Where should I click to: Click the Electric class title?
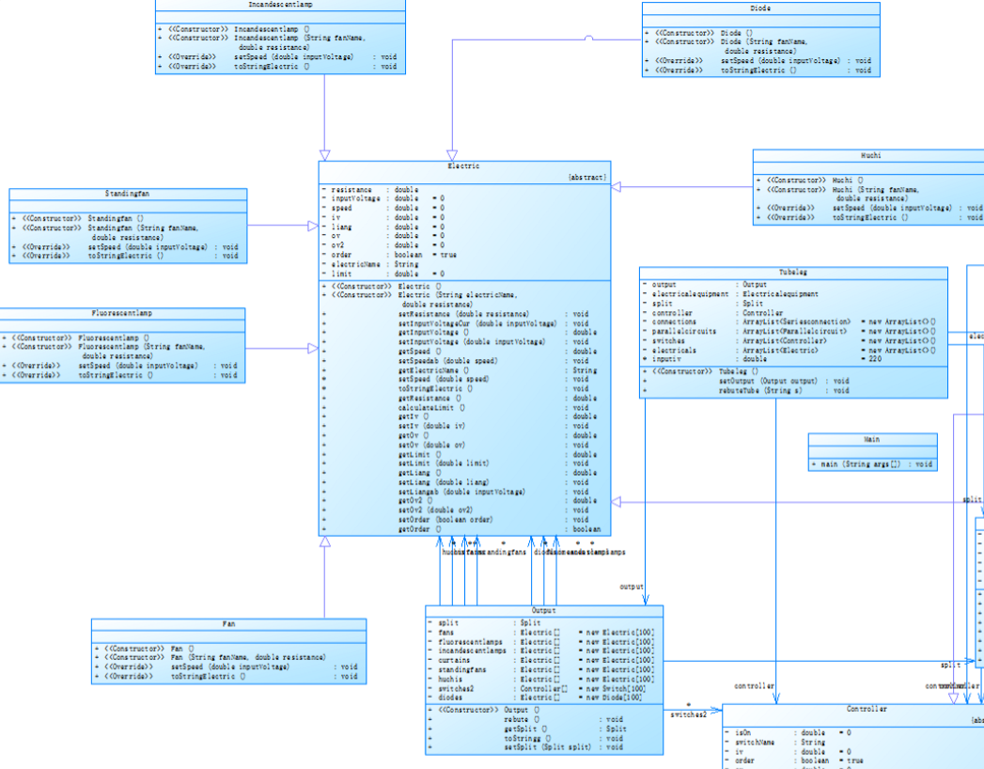(464, 166)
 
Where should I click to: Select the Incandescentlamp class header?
(281, 4)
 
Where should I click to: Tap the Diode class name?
(760, 8)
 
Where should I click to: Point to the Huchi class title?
(870, 155)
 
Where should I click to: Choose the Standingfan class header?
(128, 194)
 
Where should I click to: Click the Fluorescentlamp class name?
(122, 313)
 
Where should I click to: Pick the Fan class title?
(228, 623)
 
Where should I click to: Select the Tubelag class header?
(792, 272)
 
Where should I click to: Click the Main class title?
(872, 439)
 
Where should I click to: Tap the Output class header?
(543, 611)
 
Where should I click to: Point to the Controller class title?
(866, 709)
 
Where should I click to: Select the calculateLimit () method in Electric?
(432, 407)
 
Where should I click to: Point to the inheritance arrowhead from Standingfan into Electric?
(314, 226)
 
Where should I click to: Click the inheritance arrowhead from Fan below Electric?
(324, 542)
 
